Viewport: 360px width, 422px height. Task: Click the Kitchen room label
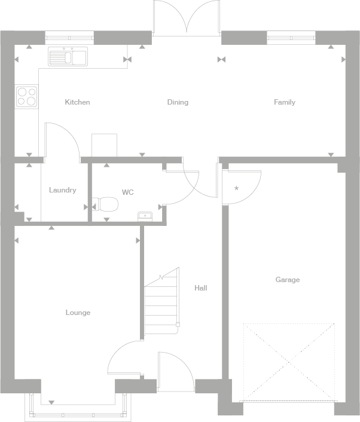point(77,102)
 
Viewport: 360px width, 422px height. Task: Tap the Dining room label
point(178,102)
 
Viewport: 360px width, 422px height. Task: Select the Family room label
point(285,102)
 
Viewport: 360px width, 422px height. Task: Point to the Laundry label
point(62,190)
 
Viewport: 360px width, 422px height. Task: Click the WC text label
point(127,192)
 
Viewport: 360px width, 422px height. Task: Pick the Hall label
point(200,288)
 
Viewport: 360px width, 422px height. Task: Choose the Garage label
point(288,280)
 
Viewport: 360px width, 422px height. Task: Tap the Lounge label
point(78,313)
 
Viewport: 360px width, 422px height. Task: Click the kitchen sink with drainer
point(68,57)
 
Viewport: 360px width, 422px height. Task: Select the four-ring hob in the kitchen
point(26,96)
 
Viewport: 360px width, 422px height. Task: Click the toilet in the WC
point(108,205)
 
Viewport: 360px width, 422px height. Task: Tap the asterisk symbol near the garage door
point(236,189)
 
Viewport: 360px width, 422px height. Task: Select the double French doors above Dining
point(187,18)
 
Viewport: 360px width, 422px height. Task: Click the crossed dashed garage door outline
point(288,362)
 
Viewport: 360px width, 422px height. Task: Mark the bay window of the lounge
point(78,409)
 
